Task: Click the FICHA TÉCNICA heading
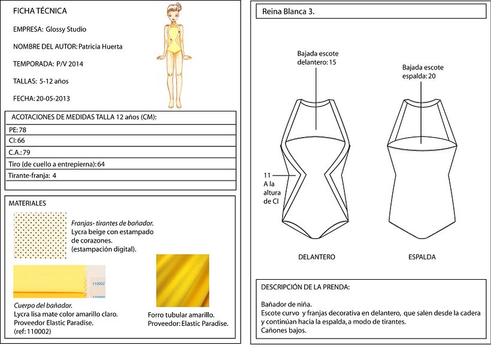click(40, 11)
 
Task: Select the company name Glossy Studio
click(66, 29)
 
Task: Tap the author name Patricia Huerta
click(100, 47)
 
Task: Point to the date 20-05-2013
click(53, 99)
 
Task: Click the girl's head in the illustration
click(174, 12)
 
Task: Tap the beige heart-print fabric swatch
click(40, 235)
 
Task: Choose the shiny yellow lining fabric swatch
click(183, 280)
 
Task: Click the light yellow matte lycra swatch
click(59, 282)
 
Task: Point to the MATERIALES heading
click(27, 203)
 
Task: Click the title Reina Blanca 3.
click(289, 12)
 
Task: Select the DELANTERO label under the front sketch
click(317, 257)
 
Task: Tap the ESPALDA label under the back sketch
click(422, 257)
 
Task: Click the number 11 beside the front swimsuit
click(267, 176)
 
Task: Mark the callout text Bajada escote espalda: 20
click(423, 72)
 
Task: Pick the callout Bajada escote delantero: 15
click(317, 58)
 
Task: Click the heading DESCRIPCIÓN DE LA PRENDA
click(305, 287)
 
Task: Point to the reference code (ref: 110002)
click(32, 331)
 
